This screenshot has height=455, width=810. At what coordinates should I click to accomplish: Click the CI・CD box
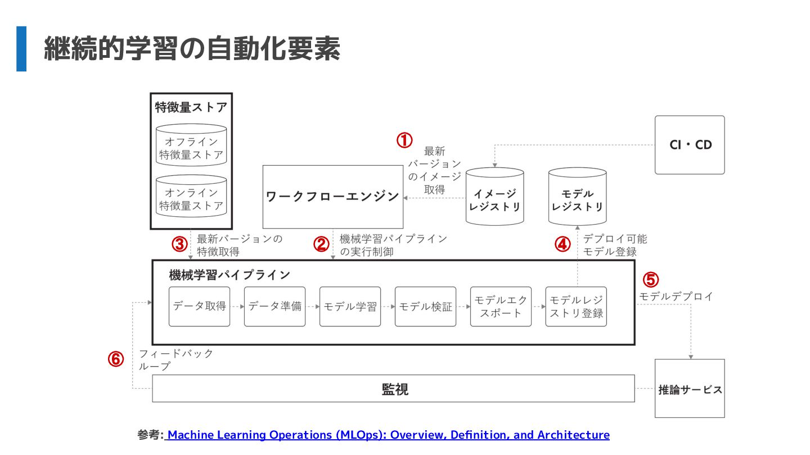click(690, 145)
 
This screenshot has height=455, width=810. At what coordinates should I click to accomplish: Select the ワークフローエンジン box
click(333, 197)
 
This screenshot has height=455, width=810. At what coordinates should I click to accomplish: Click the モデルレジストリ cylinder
click(577, 198)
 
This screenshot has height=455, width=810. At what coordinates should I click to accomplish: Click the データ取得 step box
click(200, 307)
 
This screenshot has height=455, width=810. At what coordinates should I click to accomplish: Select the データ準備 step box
click(274, 307)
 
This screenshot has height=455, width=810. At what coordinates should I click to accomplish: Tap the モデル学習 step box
click(350, 307)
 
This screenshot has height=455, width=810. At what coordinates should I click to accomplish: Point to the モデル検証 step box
click(425, 307)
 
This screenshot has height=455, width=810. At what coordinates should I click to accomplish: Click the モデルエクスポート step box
click(501, 307)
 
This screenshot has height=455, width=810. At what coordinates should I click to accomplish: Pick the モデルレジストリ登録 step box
click(576, 307)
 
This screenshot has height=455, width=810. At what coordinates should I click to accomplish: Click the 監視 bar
click(394, 389)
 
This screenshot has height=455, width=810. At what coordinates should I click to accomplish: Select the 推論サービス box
click(690, 389)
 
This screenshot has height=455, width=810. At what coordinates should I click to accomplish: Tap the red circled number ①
click(404, 140)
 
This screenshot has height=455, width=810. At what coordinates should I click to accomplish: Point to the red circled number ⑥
click(116, 359)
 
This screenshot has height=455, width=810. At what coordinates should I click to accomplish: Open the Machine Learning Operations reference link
click(388, 435)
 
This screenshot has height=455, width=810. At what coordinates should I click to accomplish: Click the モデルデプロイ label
click(676, 296)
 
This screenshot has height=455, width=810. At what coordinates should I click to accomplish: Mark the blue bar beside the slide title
click(21, 49)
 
